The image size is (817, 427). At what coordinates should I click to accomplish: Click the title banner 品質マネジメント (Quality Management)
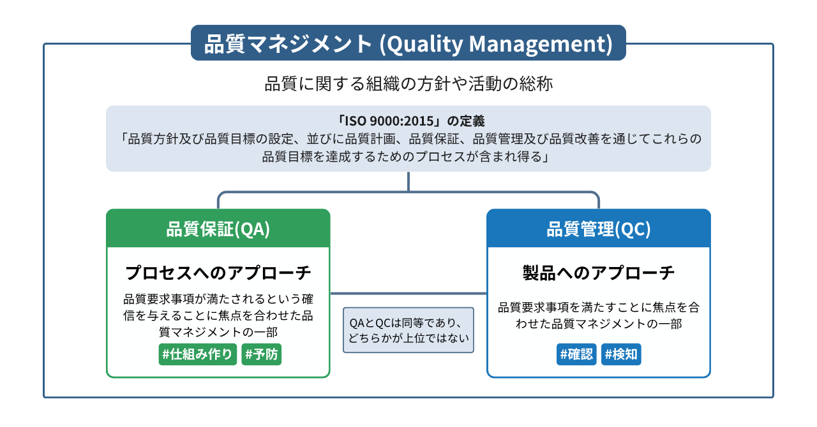(408, 43)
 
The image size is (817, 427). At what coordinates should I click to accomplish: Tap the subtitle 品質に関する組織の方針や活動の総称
(408, 84)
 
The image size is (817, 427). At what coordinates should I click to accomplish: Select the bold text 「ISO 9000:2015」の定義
(408, 121)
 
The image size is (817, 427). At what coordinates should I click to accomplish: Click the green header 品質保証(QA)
(218, 229)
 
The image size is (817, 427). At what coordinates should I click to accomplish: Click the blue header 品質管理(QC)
(598, 229)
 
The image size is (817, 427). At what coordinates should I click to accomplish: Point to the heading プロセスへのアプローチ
(218, 273)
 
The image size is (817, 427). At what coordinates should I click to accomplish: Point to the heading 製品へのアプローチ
(598, 273)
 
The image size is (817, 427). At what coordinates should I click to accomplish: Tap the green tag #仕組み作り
(198, 354)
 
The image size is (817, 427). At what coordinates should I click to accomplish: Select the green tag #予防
(261, 354)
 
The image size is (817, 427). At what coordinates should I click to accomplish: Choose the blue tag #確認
(576, 354)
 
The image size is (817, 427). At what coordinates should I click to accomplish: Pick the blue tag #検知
(620, 354)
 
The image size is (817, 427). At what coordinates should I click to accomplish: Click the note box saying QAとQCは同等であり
(408, 330)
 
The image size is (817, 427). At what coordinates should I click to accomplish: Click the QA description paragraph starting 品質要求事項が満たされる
(218, 315)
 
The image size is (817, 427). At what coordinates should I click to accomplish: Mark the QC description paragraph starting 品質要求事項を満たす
(598, 315)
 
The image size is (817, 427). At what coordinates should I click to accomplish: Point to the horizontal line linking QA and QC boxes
(408, 293)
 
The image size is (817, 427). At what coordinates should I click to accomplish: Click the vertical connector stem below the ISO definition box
(408, 181)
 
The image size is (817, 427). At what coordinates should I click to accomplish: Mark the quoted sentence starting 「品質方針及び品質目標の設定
(408, 148)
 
